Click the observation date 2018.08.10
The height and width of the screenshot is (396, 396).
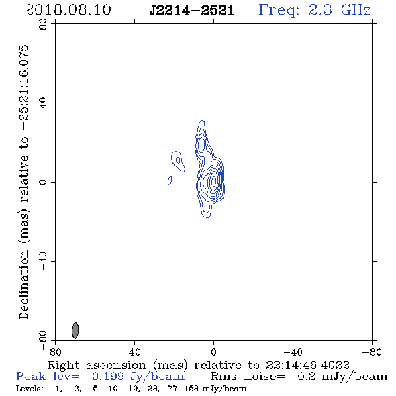click(x=68, y=10)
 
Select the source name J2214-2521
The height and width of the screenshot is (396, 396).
click(x=192, y=11)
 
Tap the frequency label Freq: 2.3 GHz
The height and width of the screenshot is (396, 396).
click(x=315, y=10)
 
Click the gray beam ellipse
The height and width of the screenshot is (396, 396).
click(x=75, y=330)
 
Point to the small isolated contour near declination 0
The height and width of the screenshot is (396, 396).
click(x=170, y=181)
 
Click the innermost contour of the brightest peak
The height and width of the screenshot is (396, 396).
click(x=214, y=181)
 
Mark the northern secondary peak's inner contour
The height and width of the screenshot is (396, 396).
click(x=201, y=145)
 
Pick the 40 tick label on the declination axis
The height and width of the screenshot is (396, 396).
click(x=43, y=103)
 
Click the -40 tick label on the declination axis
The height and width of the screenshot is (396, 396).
click(x=43, y=261)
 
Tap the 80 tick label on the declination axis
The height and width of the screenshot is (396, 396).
click(x=43, y=24)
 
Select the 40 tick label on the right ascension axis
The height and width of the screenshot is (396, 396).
click(x=134, y=352)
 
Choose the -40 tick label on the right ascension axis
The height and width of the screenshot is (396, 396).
click(x=293, y=352)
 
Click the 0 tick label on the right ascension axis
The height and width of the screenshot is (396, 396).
click(x=213, y=352)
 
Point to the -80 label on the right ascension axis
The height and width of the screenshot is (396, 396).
click(x=372, y=352)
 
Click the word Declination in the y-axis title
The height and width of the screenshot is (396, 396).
click(x=23, y=285)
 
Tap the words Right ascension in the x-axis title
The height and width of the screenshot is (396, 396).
click(x=97, y=365)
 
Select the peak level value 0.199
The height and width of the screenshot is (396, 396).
click(x=108, y=377)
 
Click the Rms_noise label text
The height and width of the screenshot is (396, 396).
click(x=248, y=377)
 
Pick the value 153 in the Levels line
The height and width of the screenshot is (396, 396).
click(x=191, y=389)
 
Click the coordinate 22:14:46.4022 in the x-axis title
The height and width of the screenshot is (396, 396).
click(x=307, y=365)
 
